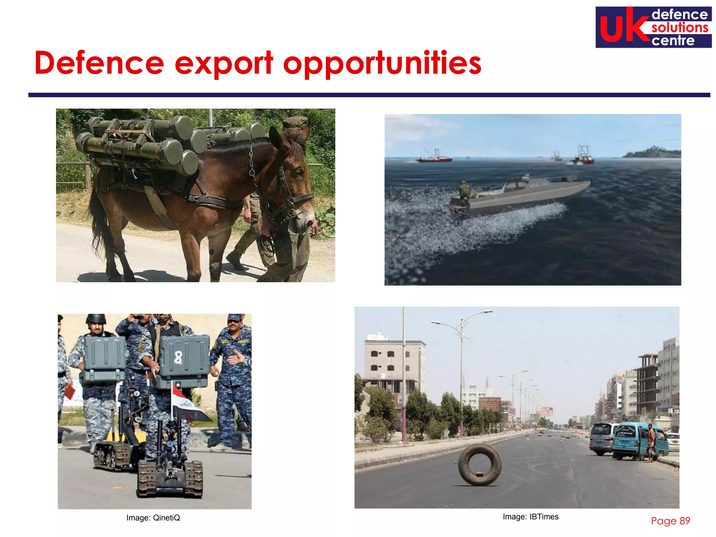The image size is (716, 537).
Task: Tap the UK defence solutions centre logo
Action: (653, 27)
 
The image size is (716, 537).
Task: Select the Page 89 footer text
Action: (670, 521)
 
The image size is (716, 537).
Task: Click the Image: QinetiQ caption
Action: (153, 518)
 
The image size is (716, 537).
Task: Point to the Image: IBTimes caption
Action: (530, 517)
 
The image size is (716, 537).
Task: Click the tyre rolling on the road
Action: (479, 465)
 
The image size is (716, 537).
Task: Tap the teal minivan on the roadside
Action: (636, 441)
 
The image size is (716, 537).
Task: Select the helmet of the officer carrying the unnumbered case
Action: (96, 319)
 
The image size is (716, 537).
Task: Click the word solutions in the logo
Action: (679, 28)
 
